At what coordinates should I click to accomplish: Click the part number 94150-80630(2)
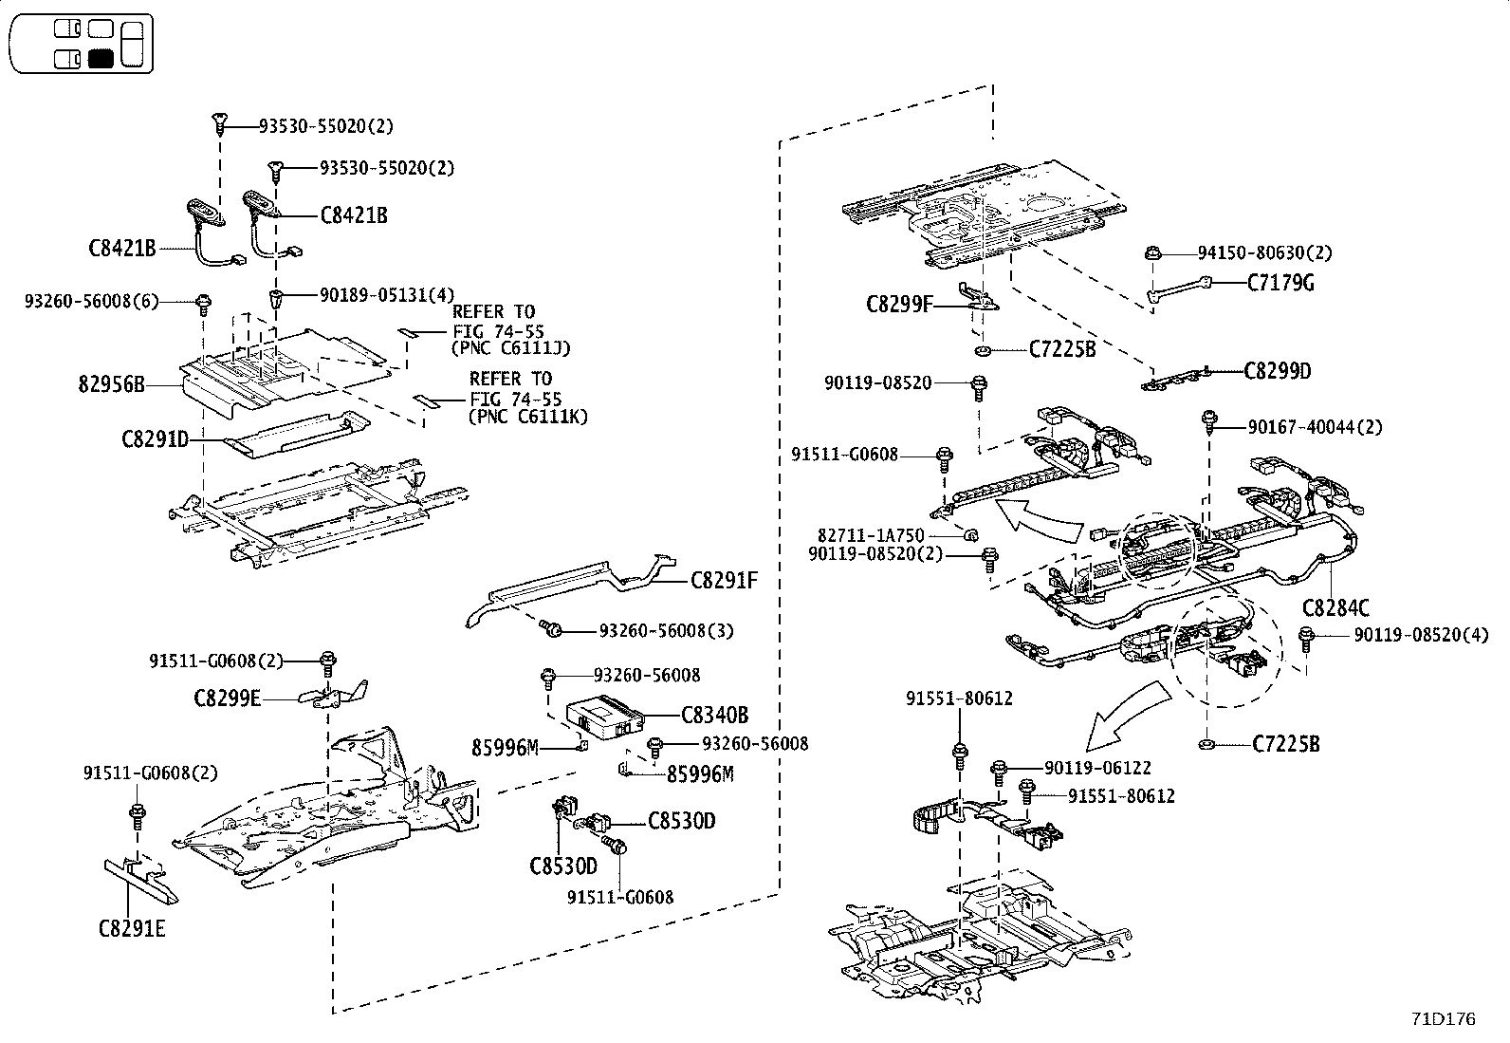coord(1264,253)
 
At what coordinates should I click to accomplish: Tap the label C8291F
coord(724,580)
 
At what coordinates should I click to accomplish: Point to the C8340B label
coord(714,715)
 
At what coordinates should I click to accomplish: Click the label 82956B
coord(111,385)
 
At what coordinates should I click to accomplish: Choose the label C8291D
coord(155,439)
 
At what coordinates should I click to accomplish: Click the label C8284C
coord(1335,608)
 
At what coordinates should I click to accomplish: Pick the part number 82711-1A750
coord(871,536)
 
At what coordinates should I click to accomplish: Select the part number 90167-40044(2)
coord(1315,428)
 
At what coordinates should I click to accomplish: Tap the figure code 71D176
coord(1443,1019)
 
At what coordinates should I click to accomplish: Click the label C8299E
coord(227,698)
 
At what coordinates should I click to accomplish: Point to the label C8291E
coord(131,928)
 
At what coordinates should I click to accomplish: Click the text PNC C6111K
coord(528,416)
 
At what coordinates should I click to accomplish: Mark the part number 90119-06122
coord(1098,768)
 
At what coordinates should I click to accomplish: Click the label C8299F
coord(899,305)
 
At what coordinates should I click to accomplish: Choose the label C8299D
coord(1277,371)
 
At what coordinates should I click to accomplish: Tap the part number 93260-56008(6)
coord(91,301)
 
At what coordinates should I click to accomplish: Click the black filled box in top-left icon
coord(101,58)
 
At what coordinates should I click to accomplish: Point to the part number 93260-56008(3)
coord(666,630)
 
